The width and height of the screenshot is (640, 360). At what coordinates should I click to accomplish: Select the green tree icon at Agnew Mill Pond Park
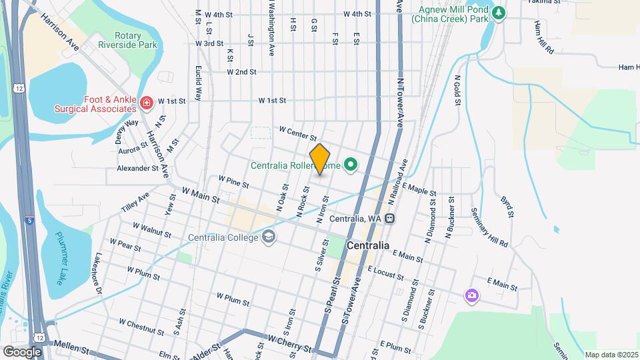pos(498,13)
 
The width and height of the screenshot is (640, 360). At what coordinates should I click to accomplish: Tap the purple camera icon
pos(471,295)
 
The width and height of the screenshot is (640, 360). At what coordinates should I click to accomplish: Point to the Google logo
pos(22,351)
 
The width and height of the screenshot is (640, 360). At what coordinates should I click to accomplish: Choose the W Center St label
pos(297,133)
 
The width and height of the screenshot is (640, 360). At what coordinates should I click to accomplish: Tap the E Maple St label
pos(418,191)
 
